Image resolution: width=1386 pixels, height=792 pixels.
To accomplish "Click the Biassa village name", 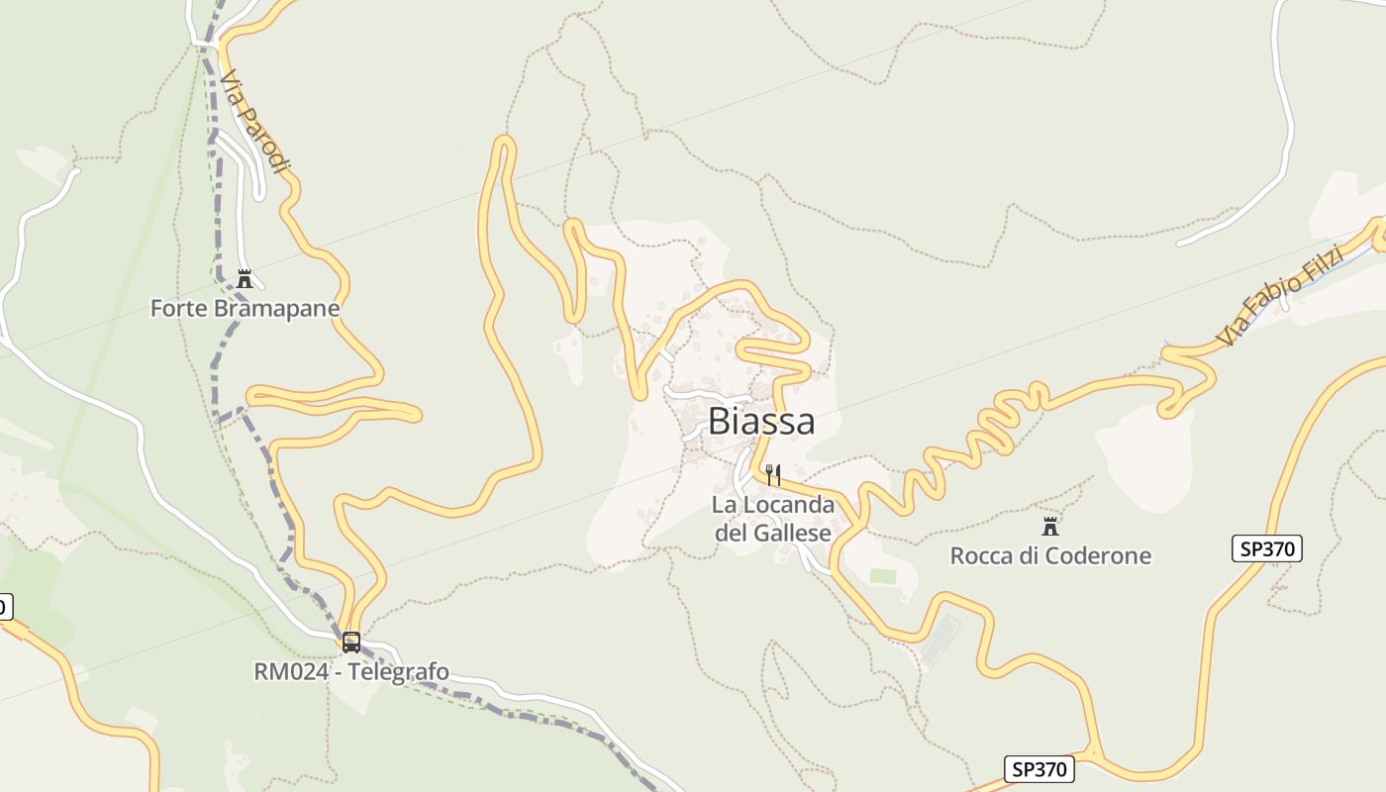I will [761, 422].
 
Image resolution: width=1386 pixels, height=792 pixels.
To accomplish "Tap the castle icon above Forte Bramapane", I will [245, 279].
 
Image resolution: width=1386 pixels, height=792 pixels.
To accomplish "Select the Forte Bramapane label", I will [245, 308].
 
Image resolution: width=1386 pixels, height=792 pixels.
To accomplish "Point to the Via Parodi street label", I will [255, 121].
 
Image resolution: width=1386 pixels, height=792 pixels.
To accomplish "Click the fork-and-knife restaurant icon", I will [773, 475].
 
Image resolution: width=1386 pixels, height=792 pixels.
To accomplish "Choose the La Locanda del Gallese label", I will [772, 519].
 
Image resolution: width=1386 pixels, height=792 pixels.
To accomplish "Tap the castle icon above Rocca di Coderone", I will [1050, 526].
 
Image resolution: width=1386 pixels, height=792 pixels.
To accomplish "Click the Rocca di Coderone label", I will [1050, 555].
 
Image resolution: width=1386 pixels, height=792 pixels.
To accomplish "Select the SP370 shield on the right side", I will [1266, 548].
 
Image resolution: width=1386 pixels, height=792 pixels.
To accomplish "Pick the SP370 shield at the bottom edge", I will [1039, 768].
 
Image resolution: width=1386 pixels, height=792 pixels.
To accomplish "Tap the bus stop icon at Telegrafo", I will [350, 642].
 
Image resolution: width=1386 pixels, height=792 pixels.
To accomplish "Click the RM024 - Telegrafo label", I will [350, 672].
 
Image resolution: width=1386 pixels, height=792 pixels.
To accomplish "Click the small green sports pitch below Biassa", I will [882, 575].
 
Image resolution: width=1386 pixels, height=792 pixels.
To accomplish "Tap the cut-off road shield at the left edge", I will [5, 606].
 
